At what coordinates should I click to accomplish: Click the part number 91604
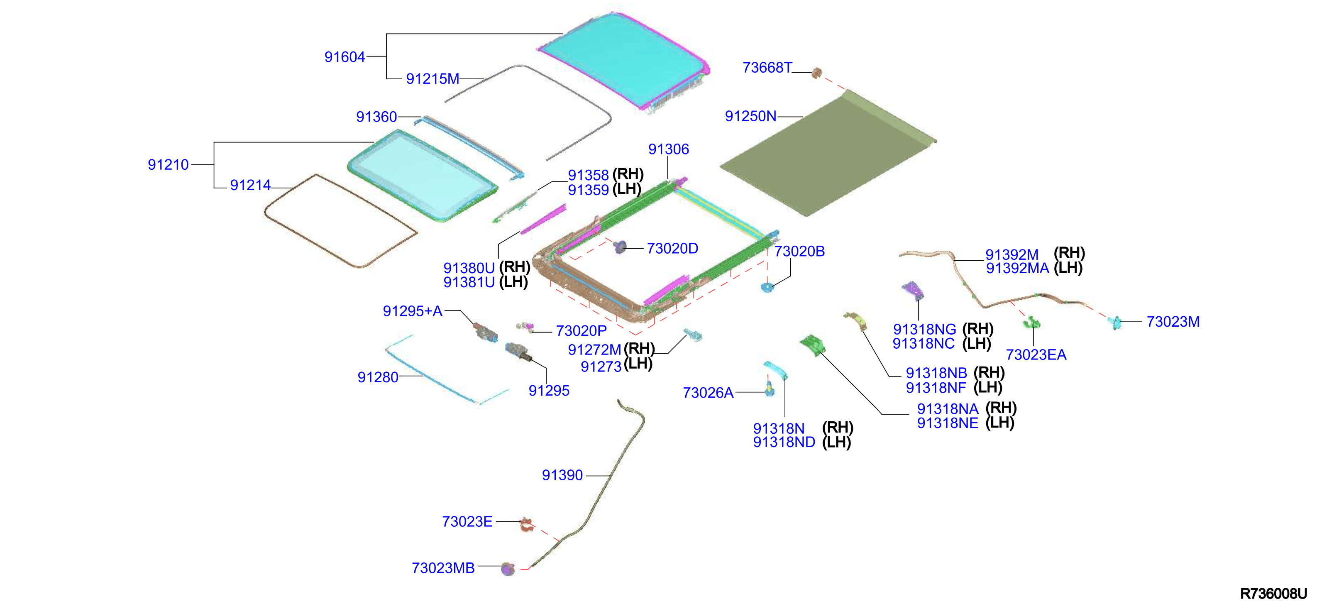[344, 57]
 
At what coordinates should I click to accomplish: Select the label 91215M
[432, 79]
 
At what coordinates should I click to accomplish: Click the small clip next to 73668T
[817, 73]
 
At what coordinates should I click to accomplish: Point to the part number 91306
[669, 149]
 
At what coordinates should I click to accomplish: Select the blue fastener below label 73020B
[767, 286]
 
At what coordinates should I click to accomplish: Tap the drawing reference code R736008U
[1273, 594]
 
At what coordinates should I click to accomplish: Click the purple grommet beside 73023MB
[508, 569]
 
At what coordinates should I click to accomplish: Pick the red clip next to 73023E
[527, 524]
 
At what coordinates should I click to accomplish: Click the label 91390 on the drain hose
[562, 475]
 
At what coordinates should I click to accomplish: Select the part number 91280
[378, 377]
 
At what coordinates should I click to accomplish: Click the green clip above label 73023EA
[1031, 323]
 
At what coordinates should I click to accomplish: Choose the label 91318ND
[784, 442]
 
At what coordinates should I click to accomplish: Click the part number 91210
[168, 165]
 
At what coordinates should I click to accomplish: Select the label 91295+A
[413, 311]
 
